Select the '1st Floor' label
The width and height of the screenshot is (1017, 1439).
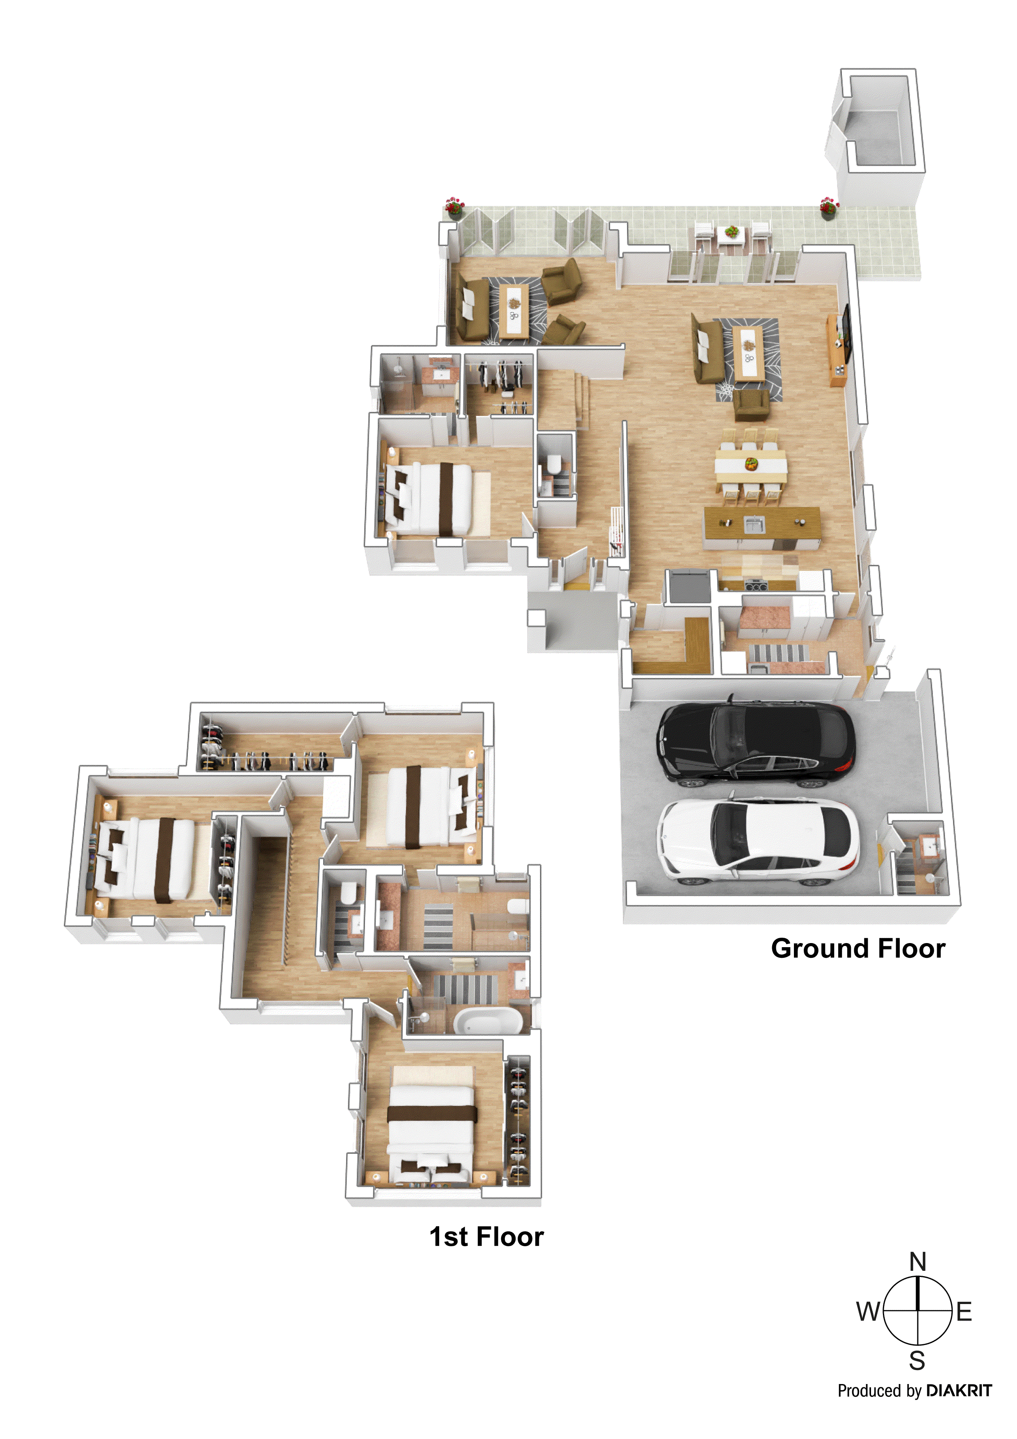(486, 1236)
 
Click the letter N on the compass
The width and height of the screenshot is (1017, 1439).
(917, 1261)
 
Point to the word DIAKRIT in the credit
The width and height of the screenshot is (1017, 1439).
(959, 1391)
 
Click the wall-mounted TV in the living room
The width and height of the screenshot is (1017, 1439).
(846, 334)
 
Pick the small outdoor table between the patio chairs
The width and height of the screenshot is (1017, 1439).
(731, 237)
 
